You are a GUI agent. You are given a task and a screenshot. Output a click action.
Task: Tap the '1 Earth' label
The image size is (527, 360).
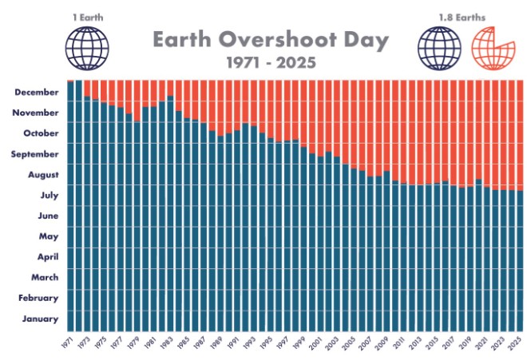click(x=84, y=15)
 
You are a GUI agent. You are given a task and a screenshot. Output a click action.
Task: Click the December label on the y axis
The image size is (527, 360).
click(x=37, y=92)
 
